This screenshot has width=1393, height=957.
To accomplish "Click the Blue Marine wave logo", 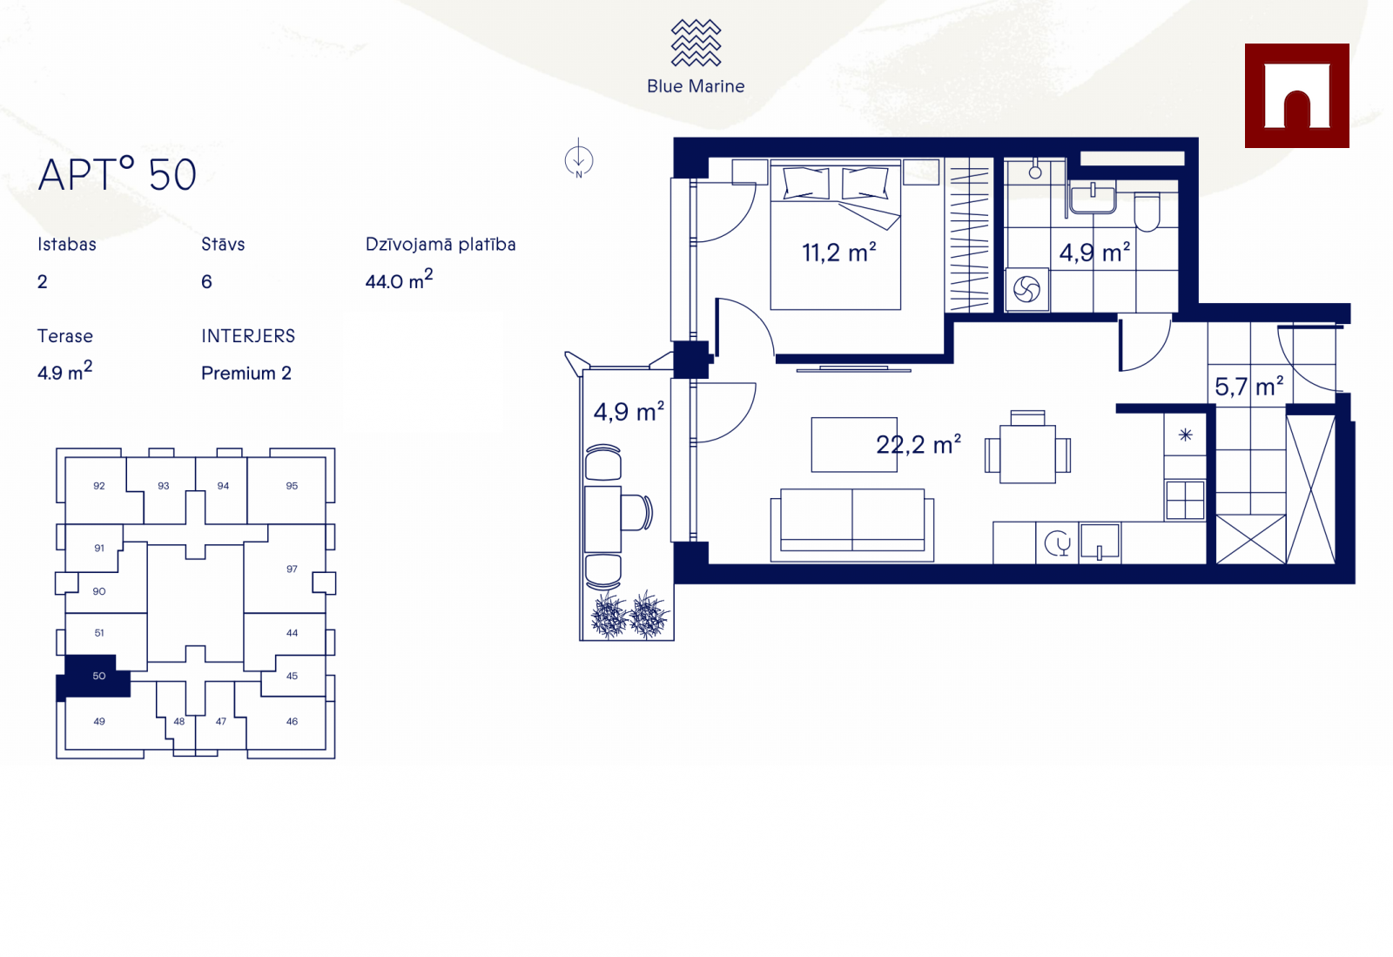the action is (x=696, y=43).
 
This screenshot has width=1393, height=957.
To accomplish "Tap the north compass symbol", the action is (x=578, y=160).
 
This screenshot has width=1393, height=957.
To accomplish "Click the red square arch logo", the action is (x=1296, y=96).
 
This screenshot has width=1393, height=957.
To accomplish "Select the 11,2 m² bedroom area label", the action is (x=839, y=253).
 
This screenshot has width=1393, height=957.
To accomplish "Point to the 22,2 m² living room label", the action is (x=919, y=444).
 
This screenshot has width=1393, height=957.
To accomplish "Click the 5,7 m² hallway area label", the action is (x=1248, y=386).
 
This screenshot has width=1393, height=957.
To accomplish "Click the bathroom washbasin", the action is (x=1093, y=197).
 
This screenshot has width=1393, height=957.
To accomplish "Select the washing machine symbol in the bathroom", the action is (x=1026, y=289).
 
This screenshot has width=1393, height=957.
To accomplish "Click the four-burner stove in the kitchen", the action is (x=1185, y=499).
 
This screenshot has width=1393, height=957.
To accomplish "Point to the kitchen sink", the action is (x=1100, y=543).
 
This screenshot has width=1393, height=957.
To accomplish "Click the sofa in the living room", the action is (x=852, y=525).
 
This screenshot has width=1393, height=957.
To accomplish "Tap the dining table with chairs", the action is (x=1027, y=448).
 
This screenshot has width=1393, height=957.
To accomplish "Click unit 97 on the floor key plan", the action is (x=292, y=569).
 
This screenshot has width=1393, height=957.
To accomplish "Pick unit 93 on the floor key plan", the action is (x=163, y=486).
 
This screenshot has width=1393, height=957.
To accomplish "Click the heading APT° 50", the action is (x=117, y=174).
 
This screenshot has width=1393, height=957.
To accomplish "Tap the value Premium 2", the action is (x=246, y=373).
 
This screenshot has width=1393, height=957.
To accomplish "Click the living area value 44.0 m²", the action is (x=399, y=280).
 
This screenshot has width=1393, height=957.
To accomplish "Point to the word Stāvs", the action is (x=223, y=244).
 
